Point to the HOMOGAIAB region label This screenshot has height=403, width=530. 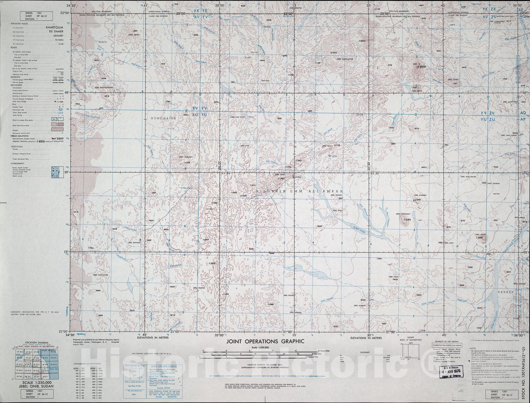(x=164, y=118)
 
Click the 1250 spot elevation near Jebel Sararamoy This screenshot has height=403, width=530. (x=407, y=219)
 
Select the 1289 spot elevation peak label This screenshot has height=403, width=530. (x=480, y=237)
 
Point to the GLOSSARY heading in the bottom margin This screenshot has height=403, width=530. (x=365, y=352)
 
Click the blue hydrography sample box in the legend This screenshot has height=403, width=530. (x=56, y=172)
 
